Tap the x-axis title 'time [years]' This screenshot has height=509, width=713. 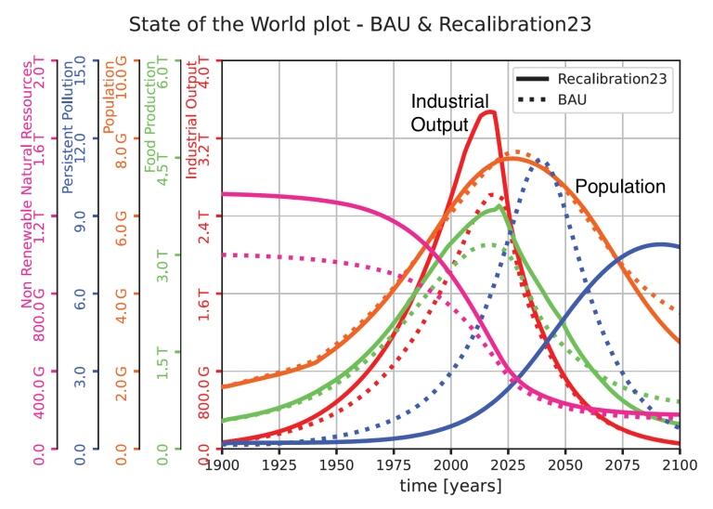pyautogui.click(x=451, y=486)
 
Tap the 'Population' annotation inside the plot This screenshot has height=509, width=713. pyautogui.click(x=620, y=187)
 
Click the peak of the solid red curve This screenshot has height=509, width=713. pyautogui.click(x=487, y=112)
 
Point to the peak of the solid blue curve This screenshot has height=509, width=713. pyautogui.click(x=660, y=244)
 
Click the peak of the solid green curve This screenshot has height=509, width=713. pyautogui.click(x=499, y=206)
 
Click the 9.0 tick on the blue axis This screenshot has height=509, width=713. pyautogui.click(x=80, y=215)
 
